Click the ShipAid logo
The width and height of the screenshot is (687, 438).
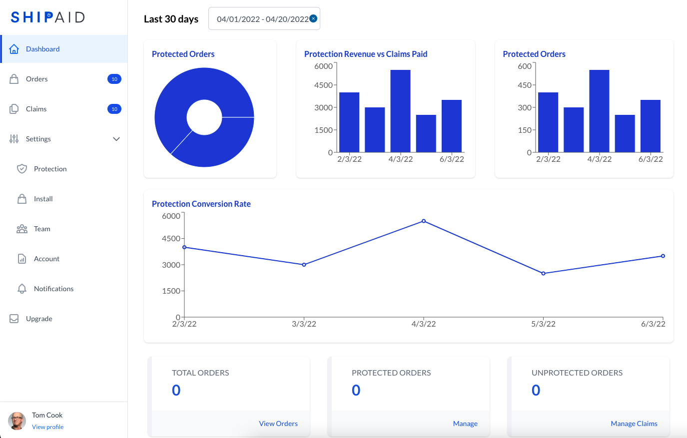[x=48, y=17]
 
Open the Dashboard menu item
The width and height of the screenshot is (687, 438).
[x=43, y=49]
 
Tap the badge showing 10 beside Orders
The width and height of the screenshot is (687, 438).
[x=114, y=79]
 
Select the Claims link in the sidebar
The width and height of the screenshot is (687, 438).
[x=36, y=109]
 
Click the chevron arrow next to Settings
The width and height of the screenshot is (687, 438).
[x=116, y=139]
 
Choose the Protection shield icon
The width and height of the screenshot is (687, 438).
[x=22, y=169]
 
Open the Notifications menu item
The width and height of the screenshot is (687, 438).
[x=53, y=289]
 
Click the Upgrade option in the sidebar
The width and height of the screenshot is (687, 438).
[x=39, y=319]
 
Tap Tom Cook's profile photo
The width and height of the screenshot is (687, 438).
[x=17, y=421]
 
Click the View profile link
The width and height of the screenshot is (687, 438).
[x=48, y=427]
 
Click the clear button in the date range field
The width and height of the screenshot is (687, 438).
[x=313, y=18]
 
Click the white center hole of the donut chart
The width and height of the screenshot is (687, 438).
[x=204, y=117]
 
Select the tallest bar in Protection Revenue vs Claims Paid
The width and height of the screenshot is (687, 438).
[x=400, y=111]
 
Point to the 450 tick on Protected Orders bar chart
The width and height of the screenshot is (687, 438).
[x=525, y=85]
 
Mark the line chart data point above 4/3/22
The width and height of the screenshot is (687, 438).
[x=424, y=221]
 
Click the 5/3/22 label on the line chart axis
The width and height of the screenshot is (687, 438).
[x=543, y=324]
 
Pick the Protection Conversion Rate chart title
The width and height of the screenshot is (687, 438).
[x=201, y=204]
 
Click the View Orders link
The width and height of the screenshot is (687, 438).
[x=278, y=424]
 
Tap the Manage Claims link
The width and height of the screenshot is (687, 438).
[x=634, y=424]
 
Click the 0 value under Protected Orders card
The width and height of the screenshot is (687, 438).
[x=356, y=390]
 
